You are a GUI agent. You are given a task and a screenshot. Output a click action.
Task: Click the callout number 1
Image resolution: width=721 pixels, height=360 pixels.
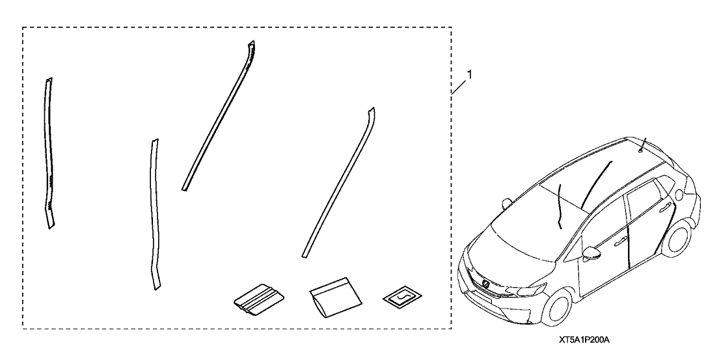[x=469, y=74]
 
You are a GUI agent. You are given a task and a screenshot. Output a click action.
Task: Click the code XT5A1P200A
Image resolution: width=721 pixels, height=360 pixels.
[x=584, y=340]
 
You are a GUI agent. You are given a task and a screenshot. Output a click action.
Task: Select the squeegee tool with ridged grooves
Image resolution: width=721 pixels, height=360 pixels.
[x=259, y=300]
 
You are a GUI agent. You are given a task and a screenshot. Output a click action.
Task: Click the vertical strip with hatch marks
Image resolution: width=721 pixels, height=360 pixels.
[x=49, y=153]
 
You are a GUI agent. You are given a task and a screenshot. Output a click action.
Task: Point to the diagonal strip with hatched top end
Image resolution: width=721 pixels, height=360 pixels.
[x=219, y=115]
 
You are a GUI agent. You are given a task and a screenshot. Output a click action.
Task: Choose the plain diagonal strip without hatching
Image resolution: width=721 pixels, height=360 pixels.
[x=338, y=182]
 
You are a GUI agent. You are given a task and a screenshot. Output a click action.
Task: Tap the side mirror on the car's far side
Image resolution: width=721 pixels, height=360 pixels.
[x=507, y=202]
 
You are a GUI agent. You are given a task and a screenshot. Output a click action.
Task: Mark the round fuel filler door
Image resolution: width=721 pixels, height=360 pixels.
[x=679, y=195]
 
